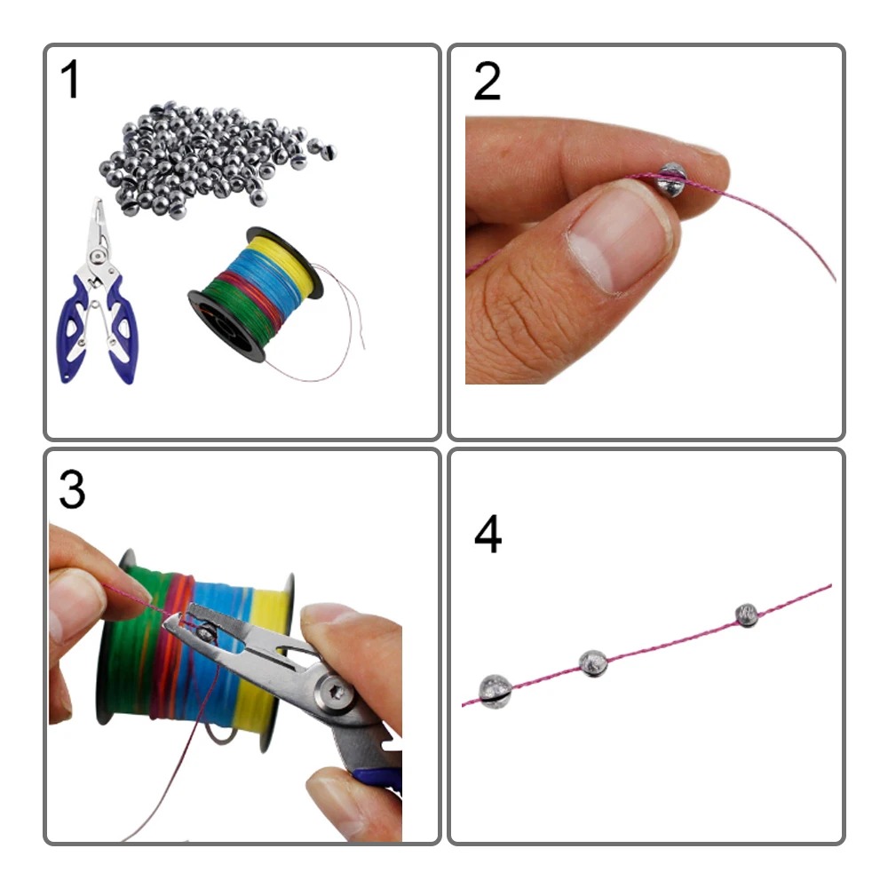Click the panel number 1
click(69, 79)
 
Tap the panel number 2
click(487, 81)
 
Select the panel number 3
click(72, 489)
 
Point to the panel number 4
click(488, 534)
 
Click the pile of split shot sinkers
click(215, 159)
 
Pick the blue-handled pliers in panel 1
click(98, 295)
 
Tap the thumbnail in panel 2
click(617, 238)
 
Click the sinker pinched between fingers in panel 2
click(671, 179)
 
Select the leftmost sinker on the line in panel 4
click(495, 692)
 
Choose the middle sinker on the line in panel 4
click(593, 663)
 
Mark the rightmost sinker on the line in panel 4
click(747, 615)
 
